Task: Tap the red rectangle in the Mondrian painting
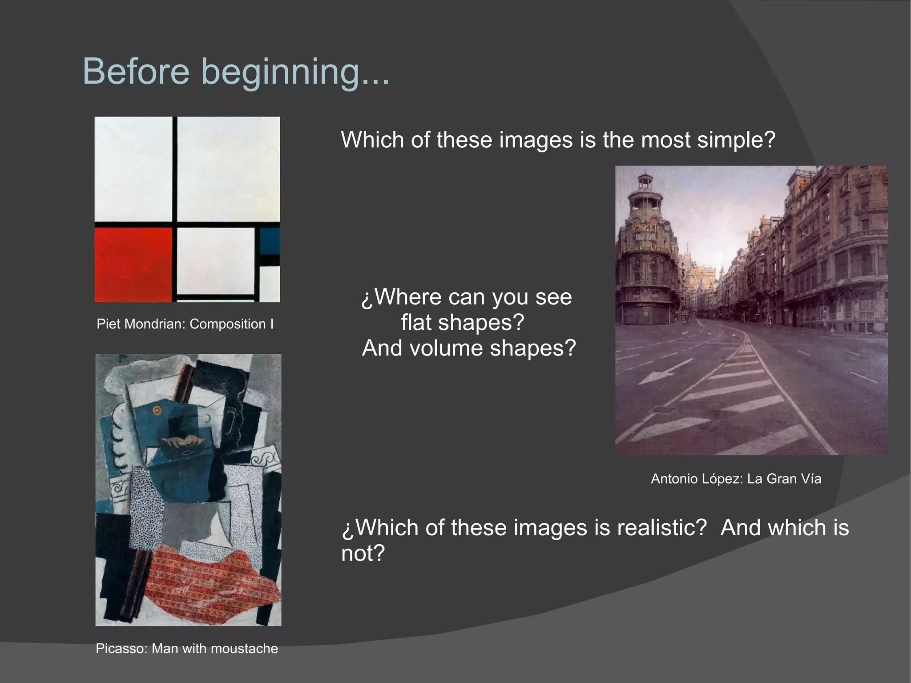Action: pyautogui.click(x=133, y=264)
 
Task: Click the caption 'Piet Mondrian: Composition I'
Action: pyautogui.click(x=185, y=324)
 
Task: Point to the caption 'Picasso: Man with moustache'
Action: pyautogui.click(x=186, y=648)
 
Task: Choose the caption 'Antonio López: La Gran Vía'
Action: pyautogui.click(x=736, y=479)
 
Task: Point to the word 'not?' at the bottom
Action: pyautogui.click(x=363, y=553)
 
